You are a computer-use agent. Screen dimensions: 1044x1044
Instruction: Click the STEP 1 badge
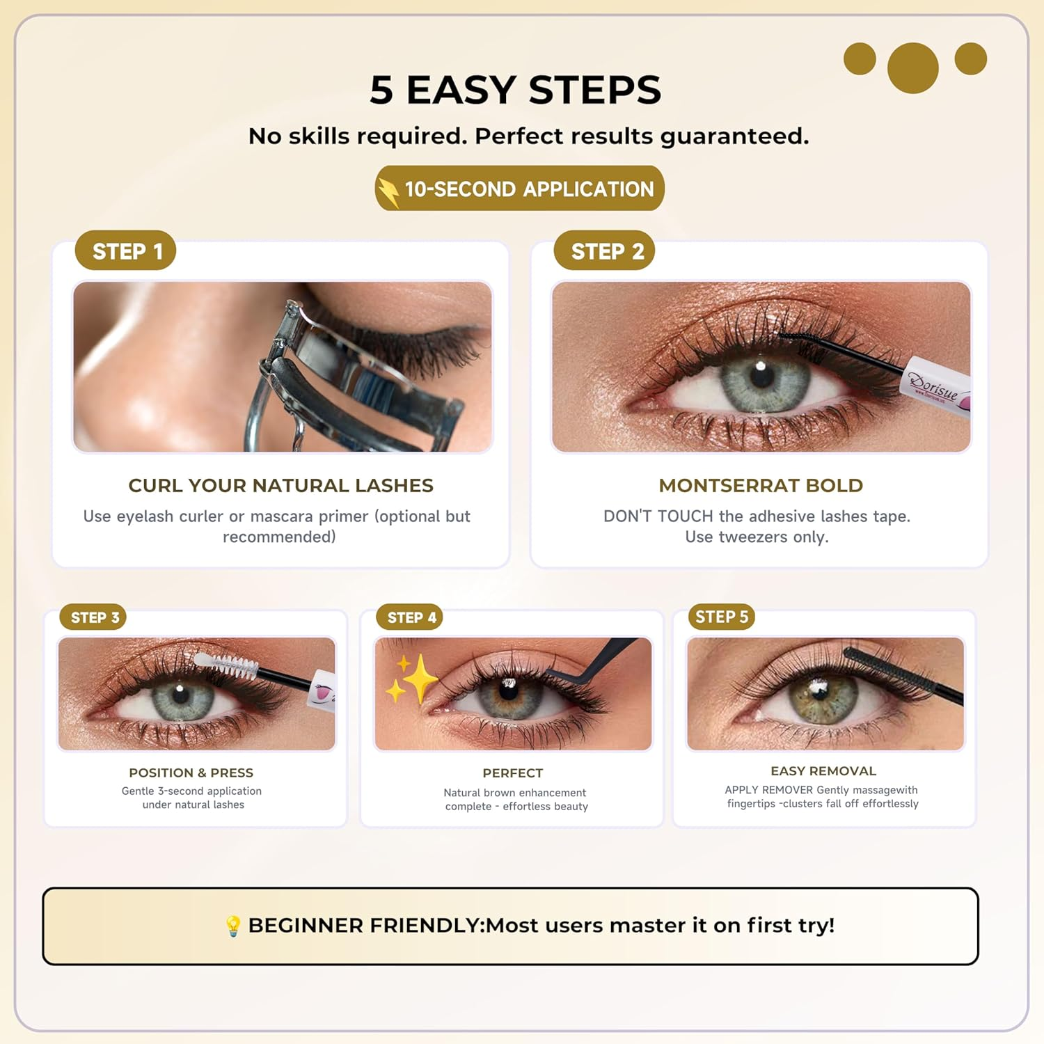coord(125,251)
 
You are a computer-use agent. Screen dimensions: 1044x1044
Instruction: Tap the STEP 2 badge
coord(604,251)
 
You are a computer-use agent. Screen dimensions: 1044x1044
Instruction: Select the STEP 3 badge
coord(93,617)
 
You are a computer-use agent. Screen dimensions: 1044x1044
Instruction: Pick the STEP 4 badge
coord(410,617)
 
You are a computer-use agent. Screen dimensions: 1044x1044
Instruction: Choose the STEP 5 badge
coord(721,617)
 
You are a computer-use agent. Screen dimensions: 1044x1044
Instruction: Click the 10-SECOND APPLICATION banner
coord(520,189)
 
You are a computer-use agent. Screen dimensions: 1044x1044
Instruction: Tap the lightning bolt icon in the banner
coord(388,190)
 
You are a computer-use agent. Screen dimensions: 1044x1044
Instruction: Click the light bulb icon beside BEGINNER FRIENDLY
coord(233,926)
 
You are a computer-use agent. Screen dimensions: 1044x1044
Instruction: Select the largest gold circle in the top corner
coord(912,68)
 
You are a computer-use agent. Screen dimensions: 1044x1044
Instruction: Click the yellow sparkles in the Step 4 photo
coord(412,678)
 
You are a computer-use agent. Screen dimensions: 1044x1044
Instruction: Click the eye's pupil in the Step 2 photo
coord(762,376)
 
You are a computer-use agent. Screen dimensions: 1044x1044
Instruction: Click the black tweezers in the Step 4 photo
coord(592,661)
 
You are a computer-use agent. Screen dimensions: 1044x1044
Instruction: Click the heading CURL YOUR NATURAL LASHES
coord(280,485)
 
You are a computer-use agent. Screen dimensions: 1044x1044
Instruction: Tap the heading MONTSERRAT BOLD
coord(761,485)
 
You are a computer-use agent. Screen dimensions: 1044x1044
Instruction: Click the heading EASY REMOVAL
coord(823,770)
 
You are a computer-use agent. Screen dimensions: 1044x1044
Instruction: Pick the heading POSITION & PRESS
coord(191,773)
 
